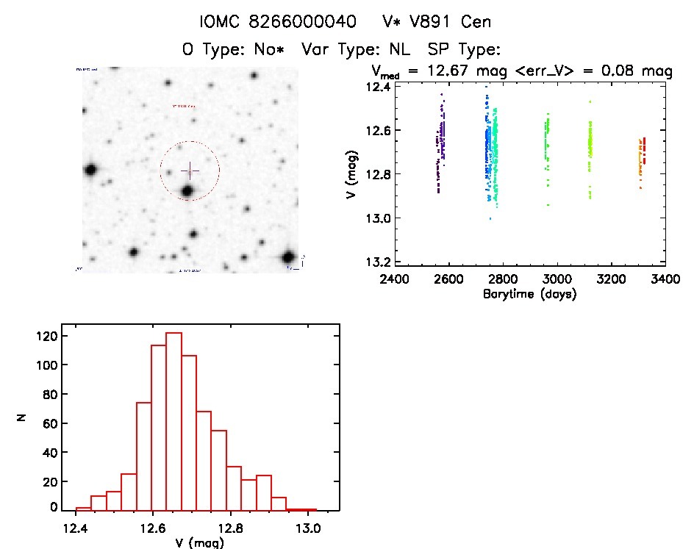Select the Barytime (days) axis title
click(529, 294)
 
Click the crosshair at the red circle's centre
click(190, 171)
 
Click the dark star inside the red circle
click(187, 191)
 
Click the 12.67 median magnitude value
click(456, 71)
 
